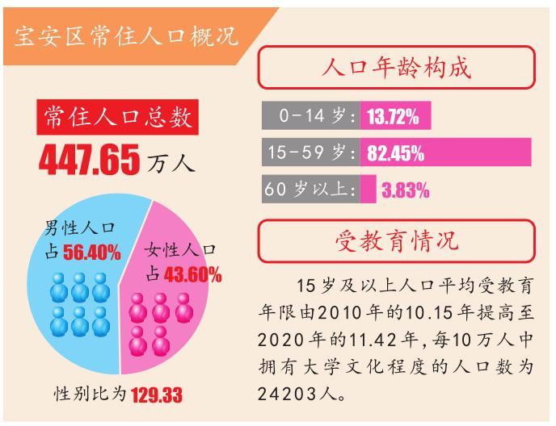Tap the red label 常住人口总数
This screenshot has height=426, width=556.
pyautogui.click(x=118, y=117)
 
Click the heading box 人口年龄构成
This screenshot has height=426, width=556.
pyautogui.click(x=396, y=67)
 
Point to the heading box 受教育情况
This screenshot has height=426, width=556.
pyautogui.click(x=396, y=240)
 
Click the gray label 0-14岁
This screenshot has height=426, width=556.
pyautogui.click(x=310, y=116)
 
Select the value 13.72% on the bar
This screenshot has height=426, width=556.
pyautogui.click(x=393, y=117)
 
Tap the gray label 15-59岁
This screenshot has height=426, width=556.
pyautogui.click(x=310, y=152)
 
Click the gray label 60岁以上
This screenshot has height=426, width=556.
pyautogui.click(x=310, y=190)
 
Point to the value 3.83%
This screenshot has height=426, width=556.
pyautogui.click(x=405, y=190)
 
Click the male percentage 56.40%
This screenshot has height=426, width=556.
pyautogui.click(x=91, y=253)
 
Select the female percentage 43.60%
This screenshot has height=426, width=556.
pyautogui.click(x=192, y=274)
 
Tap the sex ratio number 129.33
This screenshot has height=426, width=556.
pyautogui.click(x=156, y=395)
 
